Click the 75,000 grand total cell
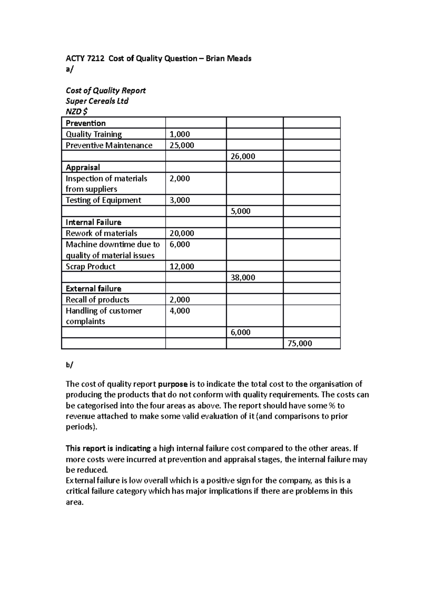click(x=300, y=344)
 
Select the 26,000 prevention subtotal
click(x=243, y=156)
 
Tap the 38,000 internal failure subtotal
click(x=243, y=278)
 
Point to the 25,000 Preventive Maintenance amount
click(x=182, y=145)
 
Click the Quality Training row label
click(x=94, y=134)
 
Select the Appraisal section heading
click(x=83, y=168)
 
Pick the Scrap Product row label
click(x=90, y=267)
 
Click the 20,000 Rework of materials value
click(x=182, y=233)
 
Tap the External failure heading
click(x=94, y=289)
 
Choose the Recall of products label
click(x=98, y=300)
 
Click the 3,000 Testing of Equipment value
click(x=180, y=200)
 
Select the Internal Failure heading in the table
click(x=94, y=222)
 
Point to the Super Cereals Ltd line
click(x=97, y=101)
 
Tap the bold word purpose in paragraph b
click(x=173, y=384)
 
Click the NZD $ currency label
click(x=76, y=111)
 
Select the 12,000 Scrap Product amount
click(x=182, y=267)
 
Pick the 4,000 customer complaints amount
click(x=180, y=311)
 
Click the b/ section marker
click(x=69, y=365)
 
